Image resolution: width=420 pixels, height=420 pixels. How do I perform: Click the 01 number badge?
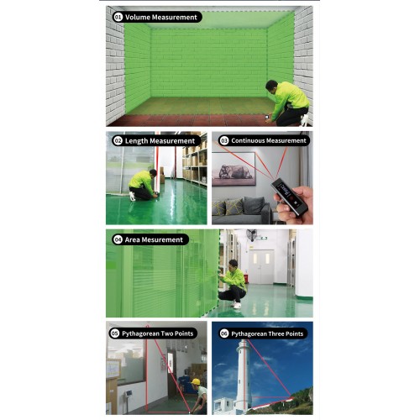(x=118, y=17)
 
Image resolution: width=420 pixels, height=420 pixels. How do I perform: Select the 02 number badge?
(x=118, y=140)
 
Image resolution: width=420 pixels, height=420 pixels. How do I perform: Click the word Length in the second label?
(x=136, y=141)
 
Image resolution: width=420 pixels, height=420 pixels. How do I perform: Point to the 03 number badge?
(x=224, y=140)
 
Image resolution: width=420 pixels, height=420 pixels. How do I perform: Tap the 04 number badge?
(x=118, y=239)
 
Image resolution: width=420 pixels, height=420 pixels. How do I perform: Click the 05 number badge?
(x=115, y=333)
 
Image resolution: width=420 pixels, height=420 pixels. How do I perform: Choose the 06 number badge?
(x=224, y=333)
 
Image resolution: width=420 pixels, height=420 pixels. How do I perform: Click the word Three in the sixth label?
(x=276, y=333)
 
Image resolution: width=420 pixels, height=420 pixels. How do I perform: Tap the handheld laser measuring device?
(x=289, y=197)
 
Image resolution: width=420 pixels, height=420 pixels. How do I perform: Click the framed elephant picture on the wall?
(x=234, y=169)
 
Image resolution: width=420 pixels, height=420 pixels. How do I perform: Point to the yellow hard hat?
(x=196, y=381)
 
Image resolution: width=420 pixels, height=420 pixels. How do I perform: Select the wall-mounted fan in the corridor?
(x=252, y=234)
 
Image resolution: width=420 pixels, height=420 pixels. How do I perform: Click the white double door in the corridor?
(x=261, y=266)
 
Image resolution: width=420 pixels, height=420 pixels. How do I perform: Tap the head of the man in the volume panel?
(x=271, y=87)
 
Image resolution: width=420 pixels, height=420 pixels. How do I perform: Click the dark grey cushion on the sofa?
(x=254, y=206)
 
